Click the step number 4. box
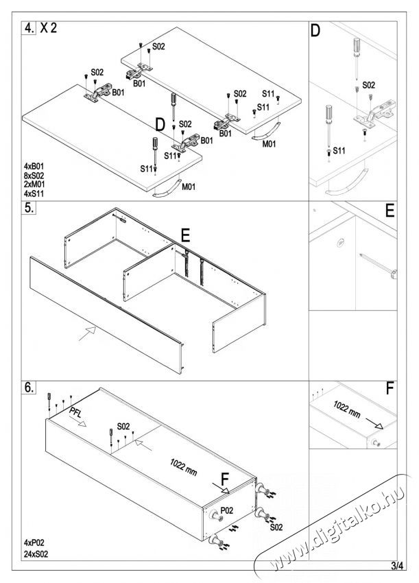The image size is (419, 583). click(29, 29)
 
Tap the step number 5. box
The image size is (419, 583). click(29, 209)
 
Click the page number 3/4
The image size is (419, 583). click(396, 565)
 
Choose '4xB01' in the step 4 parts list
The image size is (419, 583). click(34, 167)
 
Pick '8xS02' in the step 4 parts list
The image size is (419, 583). click(34, 176)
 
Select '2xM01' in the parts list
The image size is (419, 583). click(34, 185)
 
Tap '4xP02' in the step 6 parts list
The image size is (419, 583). click(34, 542)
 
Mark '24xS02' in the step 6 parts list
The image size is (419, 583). click(36, 553)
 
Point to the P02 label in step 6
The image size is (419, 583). click(226, 510)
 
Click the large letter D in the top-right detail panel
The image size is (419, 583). click(315, 31)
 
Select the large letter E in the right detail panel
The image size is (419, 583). click(390, 211)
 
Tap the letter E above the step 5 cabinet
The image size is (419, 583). click(184, 236)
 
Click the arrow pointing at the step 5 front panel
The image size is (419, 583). click(85, 334)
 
